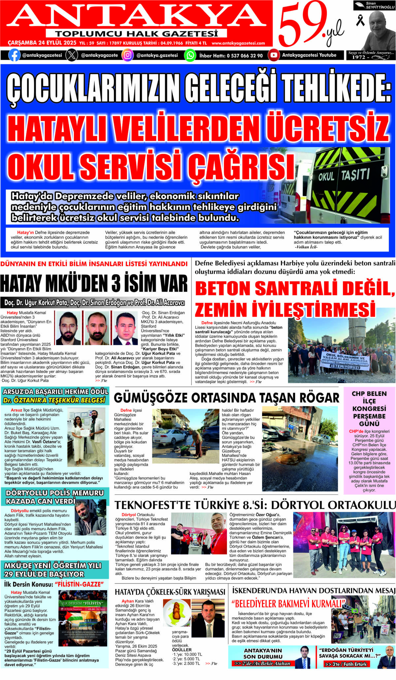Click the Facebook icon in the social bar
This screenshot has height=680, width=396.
(14, 55)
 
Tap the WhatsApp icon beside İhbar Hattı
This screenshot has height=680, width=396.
(190, 55)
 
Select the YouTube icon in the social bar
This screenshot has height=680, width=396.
(274, 55)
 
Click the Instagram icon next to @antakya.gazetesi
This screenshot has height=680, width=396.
(127, 55)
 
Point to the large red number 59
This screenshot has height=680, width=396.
(302, 25)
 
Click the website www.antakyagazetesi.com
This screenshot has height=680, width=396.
(238, 43)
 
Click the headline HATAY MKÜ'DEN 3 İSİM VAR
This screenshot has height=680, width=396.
(94, 283)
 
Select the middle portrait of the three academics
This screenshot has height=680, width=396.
(97, 329)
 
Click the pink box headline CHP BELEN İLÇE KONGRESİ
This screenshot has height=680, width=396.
(369, 408)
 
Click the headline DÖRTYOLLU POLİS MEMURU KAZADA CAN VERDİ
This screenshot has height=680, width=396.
(55, 497)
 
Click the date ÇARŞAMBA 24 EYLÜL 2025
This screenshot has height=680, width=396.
(42, 43)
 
